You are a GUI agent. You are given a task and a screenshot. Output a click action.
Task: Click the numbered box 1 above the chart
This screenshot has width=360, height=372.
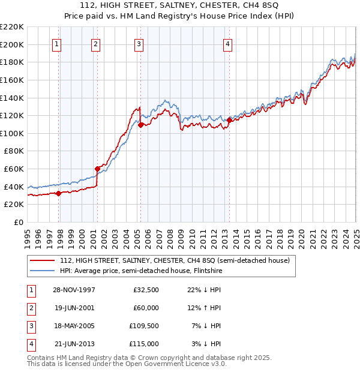click(56, 43)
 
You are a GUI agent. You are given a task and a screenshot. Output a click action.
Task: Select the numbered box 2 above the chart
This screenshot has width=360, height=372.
click(96, 43)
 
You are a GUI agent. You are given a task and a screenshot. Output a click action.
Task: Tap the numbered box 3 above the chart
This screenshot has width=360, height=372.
click(139, 43)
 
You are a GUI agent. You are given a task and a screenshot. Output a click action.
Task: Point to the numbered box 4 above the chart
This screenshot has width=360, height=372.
click(227, 43)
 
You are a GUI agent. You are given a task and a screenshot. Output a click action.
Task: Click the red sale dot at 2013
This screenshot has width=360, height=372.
click(229, 120)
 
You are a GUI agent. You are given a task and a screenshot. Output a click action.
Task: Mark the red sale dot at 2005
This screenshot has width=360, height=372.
click(140, 125)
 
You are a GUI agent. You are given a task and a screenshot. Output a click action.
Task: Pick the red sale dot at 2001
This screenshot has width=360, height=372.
click(97, 169)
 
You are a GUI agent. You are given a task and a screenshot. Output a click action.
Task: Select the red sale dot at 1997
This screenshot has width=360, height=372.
click(59, 193)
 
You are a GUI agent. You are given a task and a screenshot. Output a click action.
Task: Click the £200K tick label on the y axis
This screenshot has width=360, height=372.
click(12, 44)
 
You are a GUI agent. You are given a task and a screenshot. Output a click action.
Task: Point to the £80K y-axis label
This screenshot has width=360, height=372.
click(14, 151)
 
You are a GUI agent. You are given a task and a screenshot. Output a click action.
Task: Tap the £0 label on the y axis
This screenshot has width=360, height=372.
click(19, 222)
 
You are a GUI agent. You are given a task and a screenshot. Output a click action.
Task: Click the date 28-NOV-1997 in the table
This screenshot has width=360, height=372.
click(74, 290)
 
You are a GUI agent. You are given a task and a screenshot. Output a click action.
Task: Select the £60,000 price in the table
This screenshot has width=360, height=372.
click(146, 308)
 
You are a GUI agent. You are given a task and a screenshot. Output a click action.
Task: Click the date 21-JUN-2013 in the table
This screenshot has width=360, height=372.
click(74, 344)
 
